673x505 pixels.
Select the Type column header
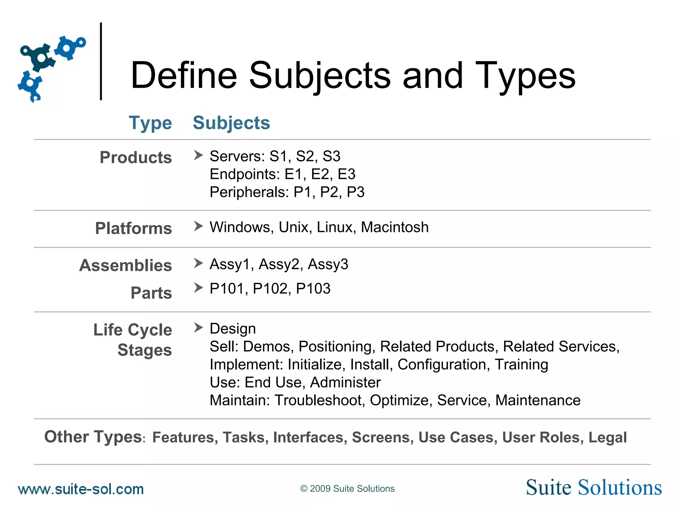point(150,123)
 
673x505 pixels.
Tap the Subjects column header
point(231,123)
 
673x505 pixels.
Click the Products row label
point(136,157)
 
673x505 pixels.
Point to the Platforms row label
point(133,228)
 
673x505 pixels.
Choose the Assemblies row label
point(126,265)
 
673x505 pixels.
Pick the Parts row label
point(151,293)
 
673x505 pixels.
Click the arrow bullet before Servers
point(198,155)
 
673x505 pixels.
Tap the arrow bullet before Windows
point(198,226)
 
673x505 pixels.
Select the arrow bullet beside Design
point(198,327)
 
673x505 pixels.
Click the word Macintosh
point(395,227)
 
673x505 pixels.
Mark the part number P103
point(313,289)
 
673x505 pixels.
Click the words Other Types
point(93,437)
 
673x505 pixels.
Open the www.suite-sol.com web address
point(81,489)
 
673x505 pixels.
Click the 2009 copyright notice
point(347,489)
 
